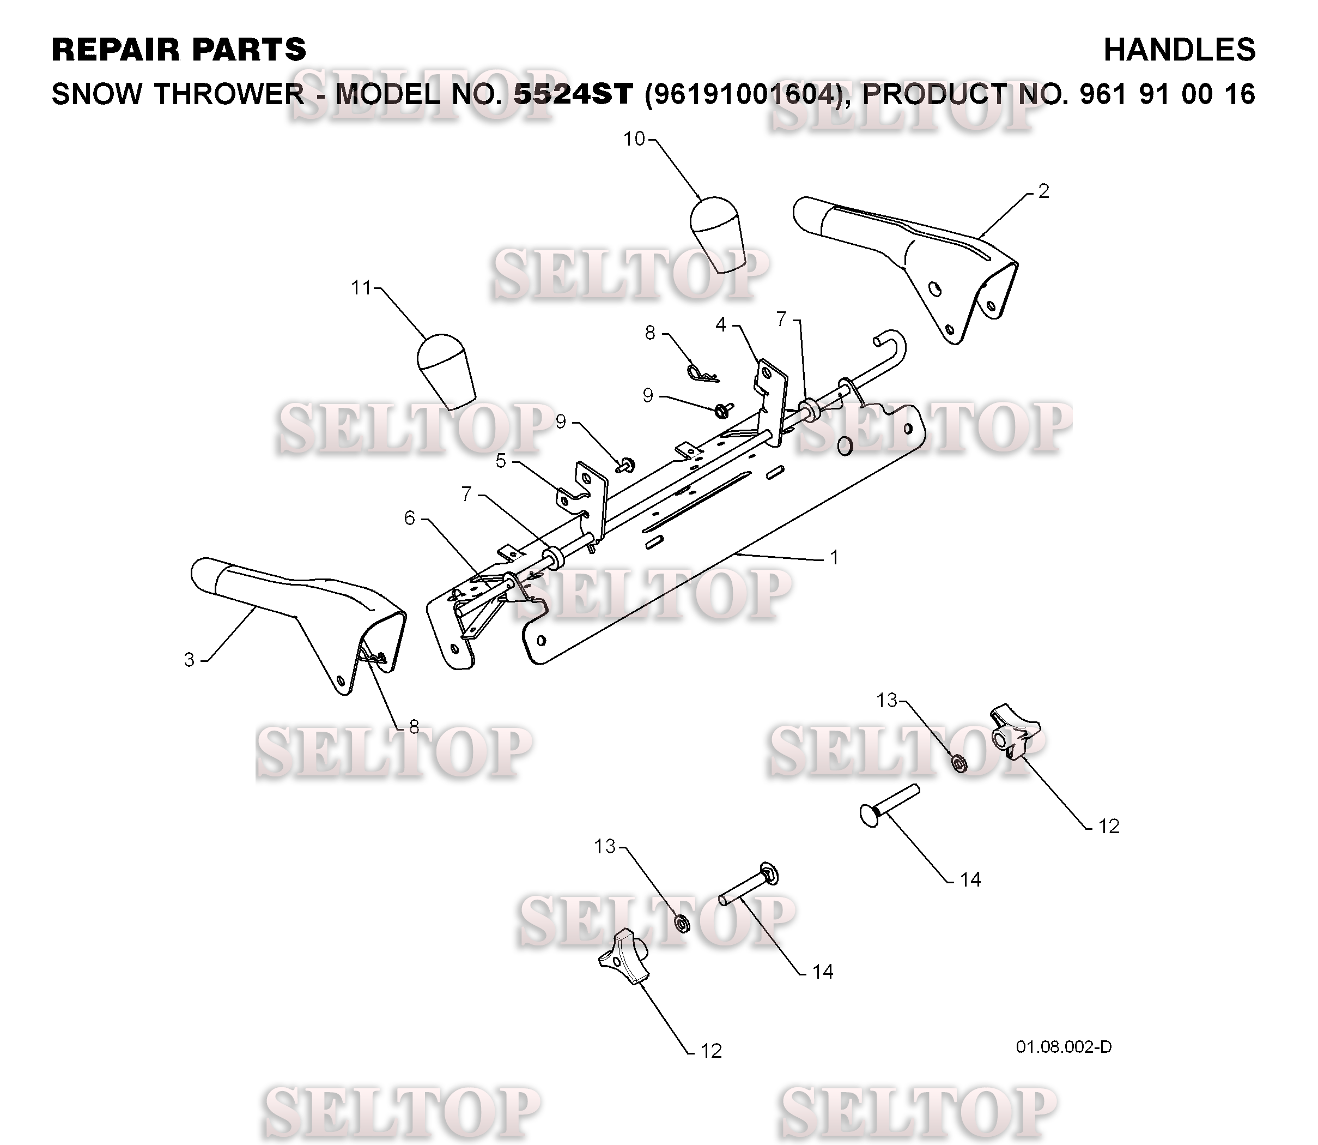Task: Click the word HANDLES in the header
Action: pyautogui.click(x=1179, y=50)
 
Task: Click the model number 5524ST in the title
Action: pyautogui.click(x=573, y=94)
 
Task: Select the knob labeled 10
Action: pyautogui.click(x=718, y=234)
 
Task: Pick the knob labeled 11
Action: pyautogui.click(x=447, y=371)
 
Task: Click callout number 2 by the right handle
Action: pyautogui.click(x=1043, y=191)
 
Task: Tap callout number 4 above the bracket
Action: pyautogui.click(x=721, y=324)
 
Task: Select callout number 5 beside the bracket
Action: pyautogui.click(x=501, y=461)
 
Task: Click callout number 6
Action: pyautogui.click(x=409, y=517)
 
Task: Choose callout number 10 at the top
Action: pyautogui.click(x=634, y=138)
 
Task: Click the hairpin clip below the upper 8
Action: pyautogui.click(x=702, y=373)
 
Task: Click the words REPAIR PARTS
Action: pyautogui.click(x=179, y=50)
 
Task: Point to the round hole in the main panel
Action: pyautogui.click(x=844, y=447)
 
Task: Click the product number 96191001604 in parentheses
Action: pyautogui.click(x=741, y=94)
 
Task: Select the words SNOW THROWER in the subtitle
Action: pyautogui.click(x=178, y=94)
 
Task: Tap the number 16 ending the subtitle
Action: pyautogui.click(x=1240, y=94)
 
